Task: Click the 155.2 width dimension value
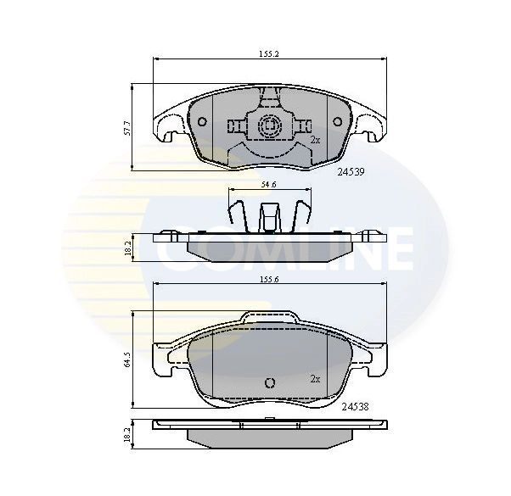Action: (269, 53)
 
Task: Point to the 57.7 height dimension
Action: (127, 128)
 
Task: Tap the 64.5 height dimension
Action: (127, 359)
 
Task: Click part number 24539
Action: (351, 170)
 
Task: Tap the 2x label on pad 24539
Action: (315, 138)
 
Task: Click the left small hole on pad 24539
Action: (202, 122)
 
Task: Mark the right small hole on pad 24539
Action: (337, 122)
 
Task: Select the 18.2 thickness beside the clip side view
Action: (127, 248)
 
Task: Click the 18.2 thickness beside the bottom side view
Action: (127, 435)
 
